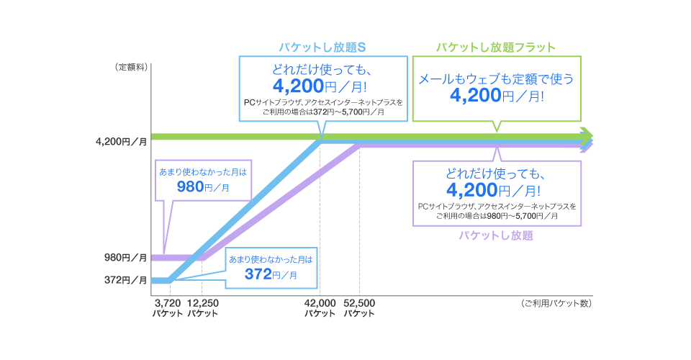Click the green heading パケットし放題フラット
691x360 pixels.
click(496, 48)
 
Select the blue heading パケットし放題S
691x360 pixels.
click(323, 48)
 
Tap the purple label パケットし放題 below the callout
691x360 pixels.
click(496, 235)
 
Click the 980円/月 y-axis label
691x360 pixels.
click(125, 257)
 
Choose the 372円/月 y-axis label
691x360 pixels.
click(125, 280)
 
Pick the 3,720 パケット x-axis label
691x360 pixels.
click(168, 308)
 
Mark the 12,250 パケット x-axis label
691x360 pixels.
click(203, 308)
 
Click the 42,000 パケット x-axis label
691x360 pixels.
click(320, 308)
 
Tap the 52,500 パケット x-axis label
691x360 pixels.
click(359, 308)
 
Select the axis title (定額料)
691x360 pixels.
click(130, 67)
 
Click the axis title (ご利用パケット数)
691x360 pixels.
click(556, 303)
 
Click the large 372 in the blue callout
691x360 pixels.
click(258, 274)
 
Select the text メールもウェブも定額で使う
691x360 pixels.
click(496, 78)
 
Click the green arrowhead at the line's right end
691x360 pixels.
click(587, 135)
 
